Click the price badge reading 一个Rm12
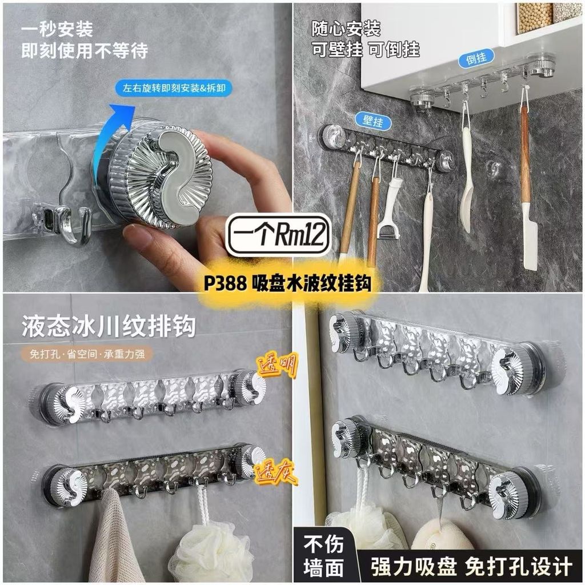[x=278, y=234]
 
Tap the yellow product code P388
[x=225, y=283]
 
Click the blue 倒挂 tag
[x=476, y=58]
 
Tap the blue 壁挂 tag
[x=372, y=121]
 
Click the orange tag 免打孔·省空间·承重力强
[x=87, y=353]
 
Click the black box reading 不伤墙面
[x=323, y=556]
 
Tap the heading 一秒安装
[x=57, y=29]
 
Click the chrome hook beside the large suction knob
[x=77, y=227]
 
